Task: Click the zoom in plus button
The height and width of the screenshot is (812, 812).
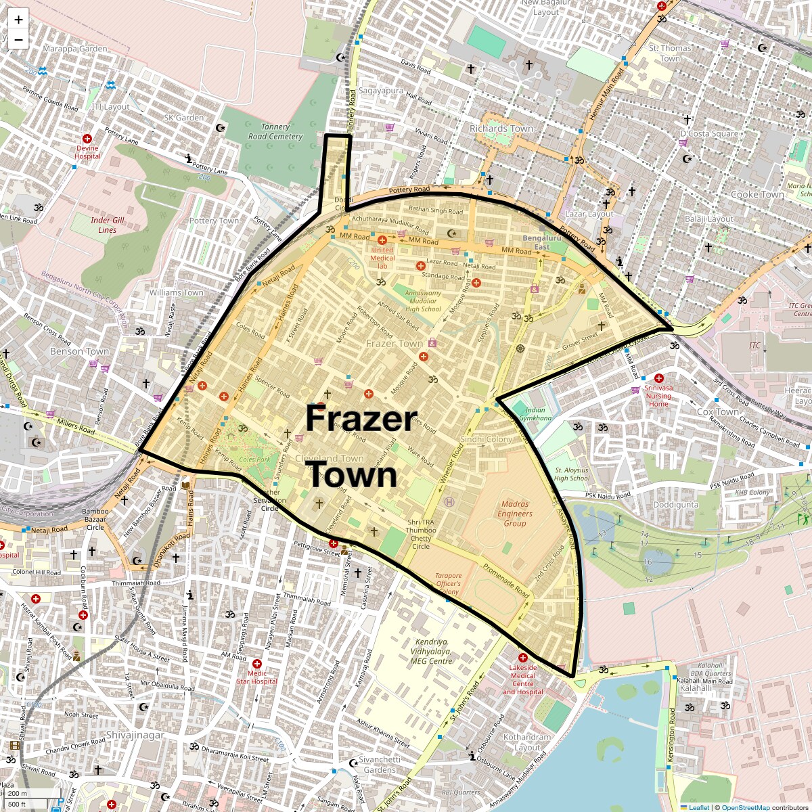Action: tap(18, 20)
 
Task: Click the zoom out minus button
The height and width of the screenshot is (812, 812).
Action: tap(18, 40)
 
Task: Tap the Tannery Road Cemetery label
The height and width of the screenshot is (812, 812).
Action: tap(275, 131)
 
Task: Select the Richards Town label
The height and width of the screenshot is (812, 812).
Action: tap(501, 129)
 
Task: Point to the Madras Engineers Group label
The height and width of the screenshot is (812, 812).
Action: tap(515, 514)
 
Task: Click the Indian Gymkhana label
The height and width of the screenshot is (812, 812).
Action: tap(535, 414)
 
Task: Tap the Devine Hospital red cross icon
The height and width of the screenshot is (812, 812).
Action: tap(87, 139)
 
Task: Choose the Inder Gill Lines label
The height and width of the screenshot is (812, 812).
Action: tap(108, 225)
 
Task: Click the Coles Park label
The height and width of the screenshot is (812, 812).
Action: tap(254, 459)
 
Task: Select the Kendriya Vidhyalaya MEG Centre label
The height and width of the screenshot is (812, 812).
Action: tap(432, 651)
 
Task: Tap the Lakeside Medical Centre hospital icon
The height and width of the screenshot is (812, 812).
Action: tap(522, 658)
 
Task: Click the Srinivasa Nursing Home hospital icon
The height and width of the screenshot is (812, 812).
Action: tap(658, 378)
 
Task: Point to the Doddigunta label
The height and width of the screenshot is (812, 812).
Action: tap(676, 505)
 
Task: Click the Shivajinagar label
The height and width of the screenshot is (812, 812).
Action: tap(135, 735)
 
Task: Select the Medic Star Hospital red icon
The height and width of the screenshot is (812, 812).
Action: tap(256, 664)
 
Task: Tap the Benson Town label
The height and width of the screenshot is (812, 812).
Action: tap(79, 351)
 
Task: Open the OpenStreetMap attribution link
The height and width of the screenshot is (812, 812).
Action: tap(745, 807)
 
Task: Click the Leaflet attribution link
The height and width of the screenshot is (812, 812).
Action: tap(698, 807)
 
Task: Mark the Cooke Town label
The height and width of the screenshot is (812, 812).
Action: tap(757, 194)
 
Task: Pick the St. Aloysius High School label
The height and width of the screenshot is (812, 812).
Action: tap(571, 474)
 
